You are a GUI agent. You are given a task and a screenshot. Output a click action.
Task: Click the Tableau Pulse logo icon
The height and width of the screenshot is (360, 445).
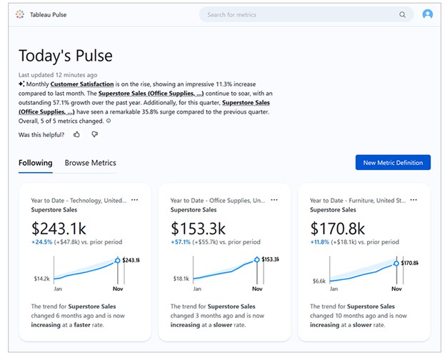19,14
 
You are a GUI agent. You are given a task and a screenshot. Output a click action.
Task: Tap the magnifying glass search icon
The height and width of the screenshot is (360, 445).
402,14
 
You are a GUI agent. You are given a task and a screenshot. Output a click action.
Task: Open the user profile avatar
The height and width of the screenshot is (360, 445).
427,14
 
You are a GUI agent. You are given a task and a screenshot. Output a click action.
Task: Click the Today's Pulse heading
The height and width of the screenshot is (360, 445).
65,56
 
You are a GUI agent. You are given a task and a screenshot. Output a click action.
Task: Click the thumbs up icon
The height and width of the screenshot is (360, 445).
77,134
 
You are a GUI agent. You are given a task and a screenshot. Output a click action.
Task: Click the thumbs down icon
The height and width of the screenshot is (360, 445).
94,134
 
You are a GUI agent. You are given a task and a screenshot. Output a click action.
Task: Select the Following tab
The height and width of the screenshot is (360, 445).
35,163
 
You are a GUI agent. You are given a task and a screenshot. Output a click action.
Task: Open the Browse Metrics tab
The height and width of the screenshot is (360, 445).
90,163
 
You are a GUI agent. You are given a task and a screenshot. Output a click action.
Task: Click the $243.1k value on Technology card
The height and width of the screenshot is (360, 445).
59,229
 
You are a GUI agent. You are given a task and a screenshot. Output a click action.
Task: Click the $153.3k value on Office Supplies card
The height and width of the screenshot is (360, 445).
199,229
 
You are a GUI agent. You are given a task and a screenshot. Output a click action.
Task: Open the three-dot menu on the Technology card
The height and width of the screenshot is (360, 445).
134,200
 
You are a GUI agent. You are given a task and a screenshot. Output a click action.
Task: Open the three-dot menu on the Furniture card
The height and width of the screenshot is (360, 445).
414,200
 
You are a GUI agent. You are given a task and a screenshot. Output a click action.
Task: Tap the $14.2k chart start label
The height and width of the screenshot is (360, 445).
41,279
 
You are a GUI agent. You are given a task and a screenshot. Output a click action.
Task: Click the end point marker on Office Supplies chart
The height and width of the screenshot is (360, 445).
256,261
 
